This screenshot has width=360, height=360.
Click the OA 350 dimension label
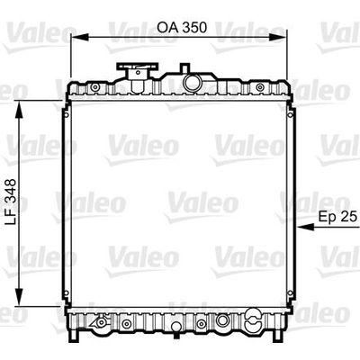182,27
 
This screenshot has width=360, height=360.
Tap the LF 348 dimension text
11,202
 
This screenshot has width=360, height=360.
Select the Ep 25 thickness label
337,216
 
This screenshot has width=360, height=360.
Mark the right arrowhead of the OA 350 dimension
277,37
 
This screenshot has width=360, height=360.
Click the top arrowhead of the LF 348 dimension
19,109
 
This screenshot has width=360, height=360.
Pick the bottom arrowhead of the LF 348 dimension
19,297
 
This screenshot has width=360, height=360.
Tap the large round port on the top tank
193,82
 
